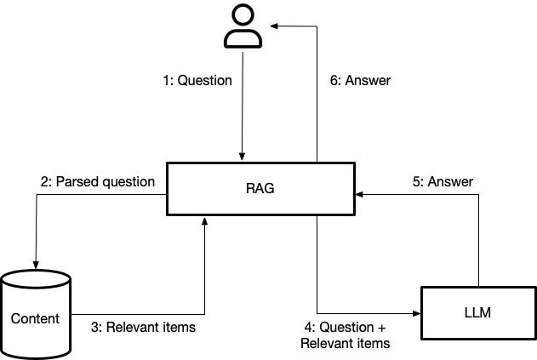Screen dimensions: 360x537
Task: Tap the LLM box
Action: pyautogui.click(x=479, y=313)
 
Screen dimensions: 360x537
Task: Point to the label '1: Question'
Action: pyautogui.click(x=197, y=81)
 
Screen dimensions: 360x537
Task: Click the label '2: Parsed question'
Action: pyautogui.click(x=98, y=181)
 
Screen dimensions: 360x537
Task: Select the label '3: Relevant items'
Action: pyautogui.click(x=143, y=327)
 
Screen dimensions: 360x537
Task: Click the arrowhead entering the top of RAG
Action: pyautogui.click(x=243, y=157)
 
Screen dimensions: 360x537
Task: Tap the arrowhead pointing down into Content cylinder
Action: pyautogui.click(x=36, y=263)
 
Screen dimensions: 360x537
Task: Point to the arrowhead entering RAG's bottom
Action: pyautogui.click(x=205, y=220)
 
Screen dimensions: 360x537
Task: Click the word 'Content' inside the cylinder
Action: pyautogui.click(x=36, y=319)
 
